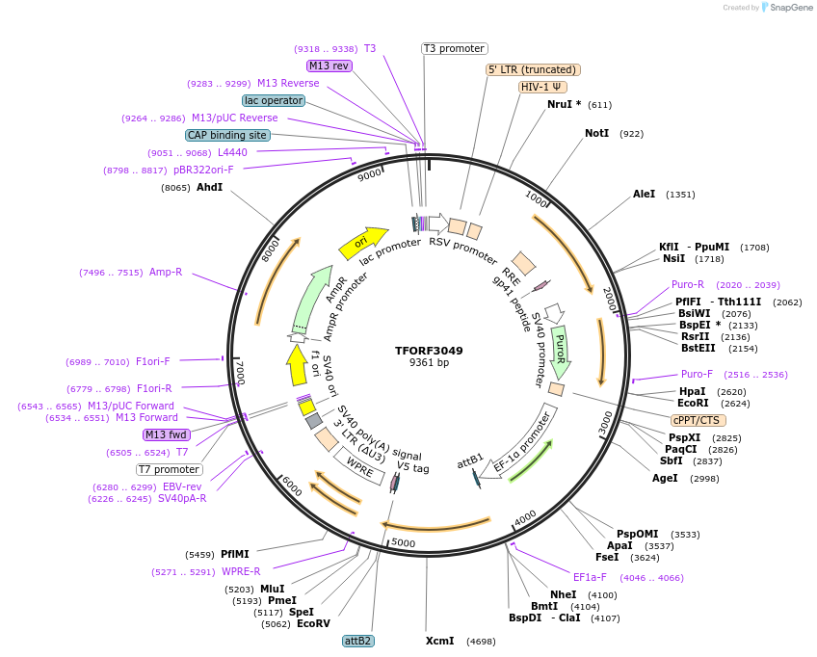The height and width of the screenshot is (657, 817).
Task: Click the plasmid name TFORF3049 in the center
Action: click(x=429, y=351)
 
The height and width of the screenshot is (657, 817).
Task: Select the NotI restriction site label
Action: click(x=597, y=133)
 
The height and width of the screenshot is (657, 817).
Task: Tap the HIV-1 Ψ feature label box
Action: click(x=542, y=87)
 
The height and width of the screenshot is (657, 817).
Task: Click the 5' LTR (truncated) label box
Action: click(x=533, y=69)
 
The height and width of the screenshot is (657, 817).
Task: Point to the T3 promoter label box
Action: click(x=455, y=49)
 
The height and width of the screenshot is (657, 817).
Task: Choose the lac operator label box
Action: click(x=274, y=100)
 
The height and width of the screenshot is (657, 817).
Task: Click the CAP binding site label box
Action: click(x=227, y=136)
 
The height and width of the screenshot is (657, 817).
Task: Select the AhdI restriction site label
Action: click(x=209, y=187)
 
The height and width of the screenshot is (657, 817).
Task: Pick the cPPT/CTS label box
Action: click(x=698, y=420)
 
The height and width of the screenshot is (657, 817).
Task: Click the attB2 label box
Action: click(x=357, y=641)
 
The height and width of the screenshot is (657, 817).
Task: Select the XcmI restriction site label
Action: click(x=440, y=641)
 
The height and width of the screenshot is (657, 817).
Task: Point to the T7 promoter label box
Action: click(x=170, y=470)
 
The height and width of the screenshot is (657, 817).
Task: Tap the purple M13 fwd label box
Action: click(x=167, y=434)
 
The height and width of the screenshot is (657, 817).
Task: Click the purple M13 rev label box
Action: click(x=329, y=66)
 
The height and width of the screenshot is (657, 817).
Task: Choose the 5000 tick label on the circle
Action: click(x=403, y=543)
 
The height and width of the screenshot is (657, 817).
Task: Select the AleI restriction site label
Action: click(x=644, y=194)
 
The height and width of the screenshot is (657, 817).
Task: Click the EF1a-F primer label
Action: click(x=590, y=577)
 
